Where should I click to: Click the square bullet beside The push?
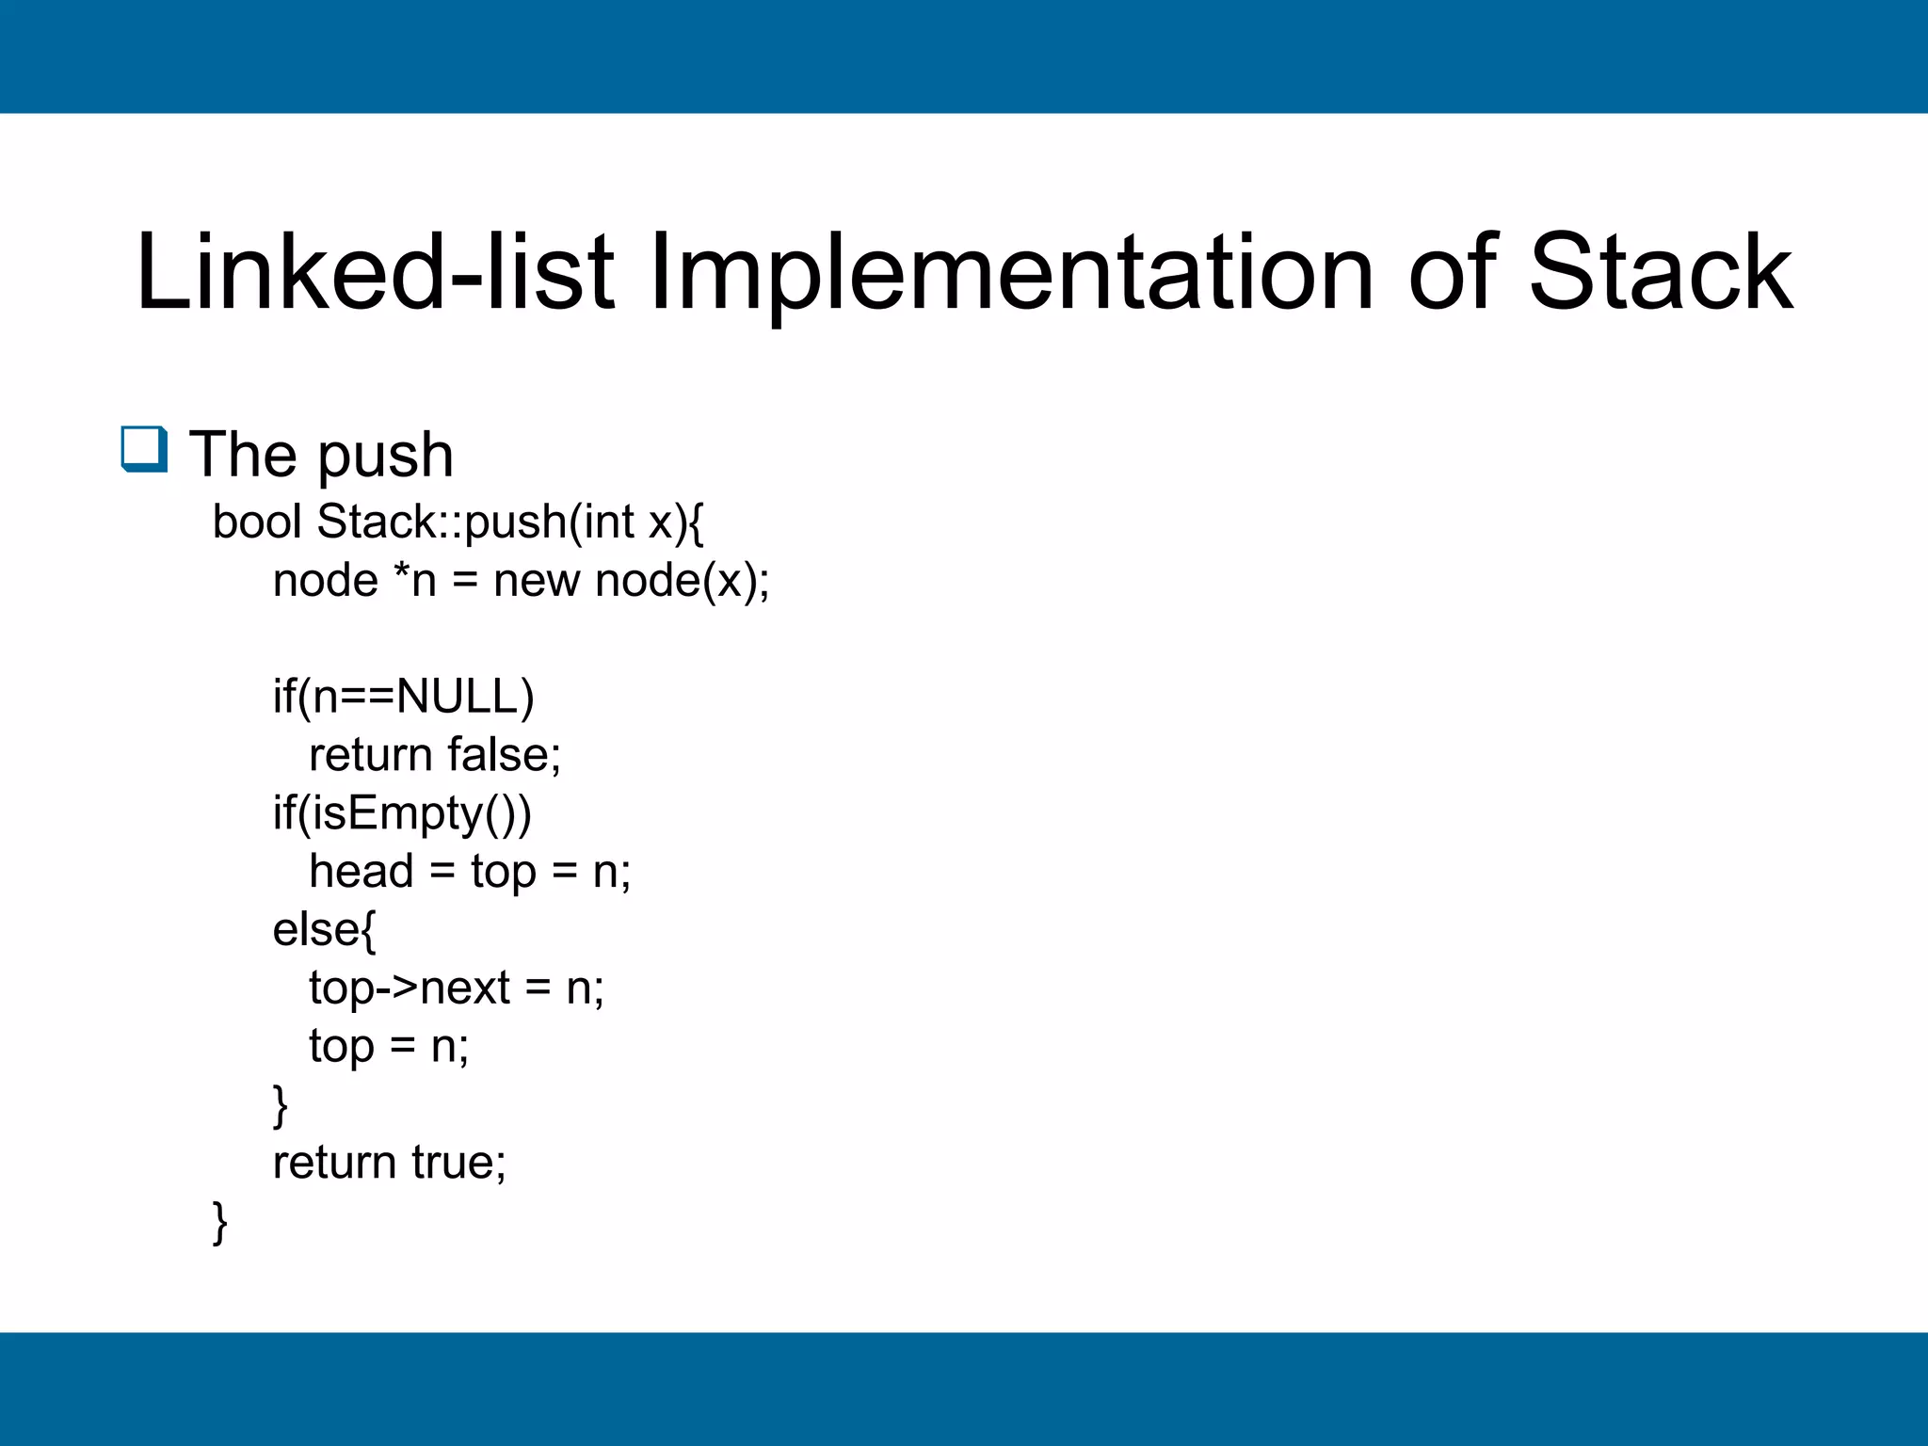(144, 449)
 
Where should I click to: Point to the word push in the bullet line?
(385, 456)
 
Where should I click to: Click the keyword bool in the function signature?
(256, 522)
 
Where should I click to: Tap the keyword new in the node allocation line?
(537, 580)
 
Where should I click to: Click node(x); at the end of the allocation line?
(683, 580)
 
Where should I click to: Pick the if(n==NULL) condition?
(403, 697)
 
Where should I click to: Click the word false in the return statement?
(504, 755)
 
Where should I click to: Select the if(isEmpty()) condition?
(402, 813)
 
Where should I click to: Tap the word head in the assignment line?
(361, 871)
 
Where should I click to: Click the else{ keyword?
(324, 930)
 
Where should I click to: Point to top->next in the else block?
(410, 988)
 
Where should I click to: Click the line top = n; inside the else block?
(389, 1047)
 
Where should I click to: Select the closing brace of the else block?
(280, 1104)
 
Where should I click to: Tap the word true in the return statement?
(458, 1163)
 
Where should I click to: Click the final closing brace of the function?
(220, 1221)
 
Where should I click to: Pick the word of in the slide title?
(1452, 273)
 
